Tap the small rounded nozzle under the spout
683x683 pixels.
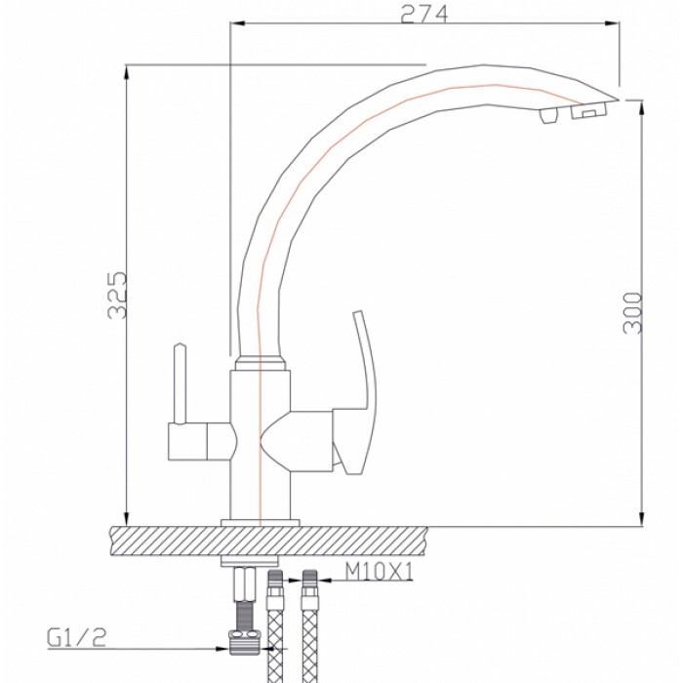coord(543,116)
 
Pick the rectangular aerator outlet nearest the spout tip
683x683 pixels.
coord(585,114)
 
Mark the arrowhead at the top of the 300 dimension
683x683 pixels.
coord(641,105)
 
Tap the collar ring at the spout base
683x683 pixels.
coord(261,364)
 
